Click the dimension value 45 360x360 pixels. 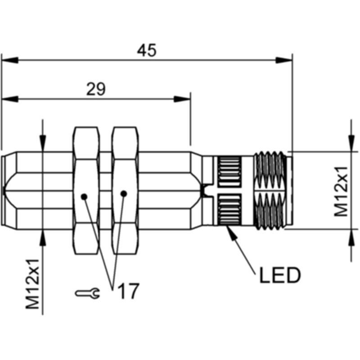(147, 50)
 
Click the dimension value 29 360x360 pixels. (96, 89)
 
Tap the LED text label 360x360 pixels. (280, 275)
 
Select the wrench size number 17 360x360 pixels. (129, 291)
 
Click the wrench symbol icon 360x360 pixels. (87, 293)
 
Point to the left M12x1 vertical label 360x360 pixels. (32, 284)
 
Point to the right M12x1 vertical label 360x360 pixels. (341, 192)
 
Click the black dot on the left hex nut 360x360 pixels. (84, 197)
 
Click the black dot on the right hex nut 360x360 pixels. (124, 194)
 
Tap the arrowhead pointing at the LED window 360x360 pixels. (231, 232)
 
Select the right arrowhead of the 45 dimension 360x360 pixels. (284, 60)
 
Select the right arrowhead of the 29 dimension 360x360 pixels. (182, 99)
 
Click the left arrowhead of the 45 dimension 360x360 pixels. (10, 60)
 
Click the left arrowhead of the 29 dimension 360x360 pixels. (10, 99)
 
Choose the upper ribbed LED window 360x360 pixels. (229, 171)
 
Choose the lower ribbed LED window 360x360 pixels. (229, 209)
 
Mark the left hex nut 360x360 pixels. (86, 190)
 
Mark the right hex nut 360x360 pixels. (125, 190)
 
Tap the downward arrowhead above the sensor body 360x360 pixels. (43, 144)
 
